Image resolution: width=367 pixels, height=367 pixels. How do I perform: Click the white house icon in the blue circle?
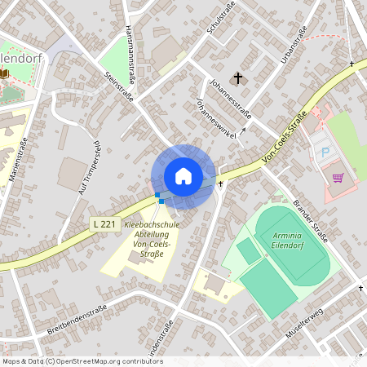pyautogui.click(x=183, y=176)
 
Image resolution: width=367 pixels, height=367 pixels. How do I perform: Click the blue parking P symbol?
pyautogui.click(x=325, y=153)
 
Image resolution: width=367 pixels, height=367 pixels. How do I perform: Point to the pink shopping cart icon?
pyautogui.click(x=338, y=176)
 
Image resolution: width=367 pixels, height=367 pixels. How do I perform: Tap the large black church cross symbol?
pyautogui.click(x=238, y=78)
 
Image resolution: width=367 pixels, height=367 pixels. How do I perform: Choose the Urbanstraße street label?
pyautogui.click(x=294, y=45)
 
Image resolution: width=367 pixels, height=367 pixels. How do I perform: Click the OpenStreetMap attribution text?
pyautogui.click(x=82, y=361)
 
